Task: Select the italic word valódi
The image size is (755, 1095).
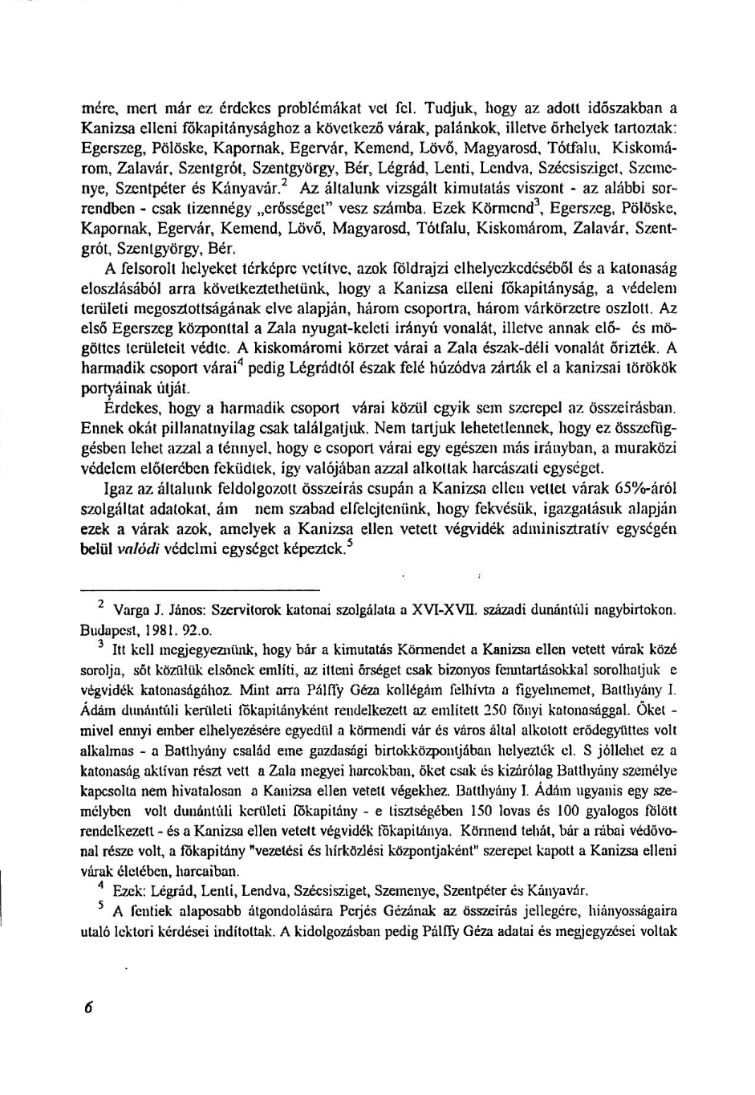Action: (x=138, y=549)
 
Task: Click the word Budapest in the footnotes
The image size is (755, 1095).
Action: (x=110, y=629)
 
